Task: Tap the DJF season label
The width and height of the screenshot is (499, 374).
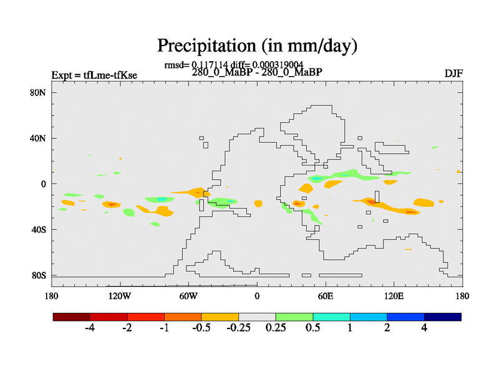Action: click(453, 75)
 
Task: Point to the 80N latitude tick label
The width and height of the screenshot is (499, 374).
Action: click(39, 92)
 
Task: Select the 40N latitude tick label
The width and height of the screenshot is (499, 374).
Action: click(39, 138)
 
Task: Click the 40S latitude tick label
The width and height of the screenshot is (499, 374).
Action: click(39, 229)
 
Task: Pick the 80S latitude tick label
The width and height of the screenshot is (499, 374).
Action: click(39, 275)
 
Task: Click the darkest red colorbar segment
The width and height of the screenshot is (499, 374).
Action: click(72, 317)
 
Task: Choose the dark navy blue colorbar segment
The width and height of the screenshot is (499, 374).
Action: click(443, 317)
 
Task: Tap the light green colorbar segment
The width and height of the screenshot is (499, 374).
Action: click(294, 317)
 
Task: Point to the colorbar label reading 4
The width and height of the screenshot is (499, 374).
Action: click(424, 328)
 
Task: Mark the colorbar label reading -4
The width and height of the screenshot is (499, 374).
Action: click(89, 328)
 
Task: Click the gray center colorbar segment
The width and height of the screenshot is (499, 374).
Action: click(257, 317)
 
